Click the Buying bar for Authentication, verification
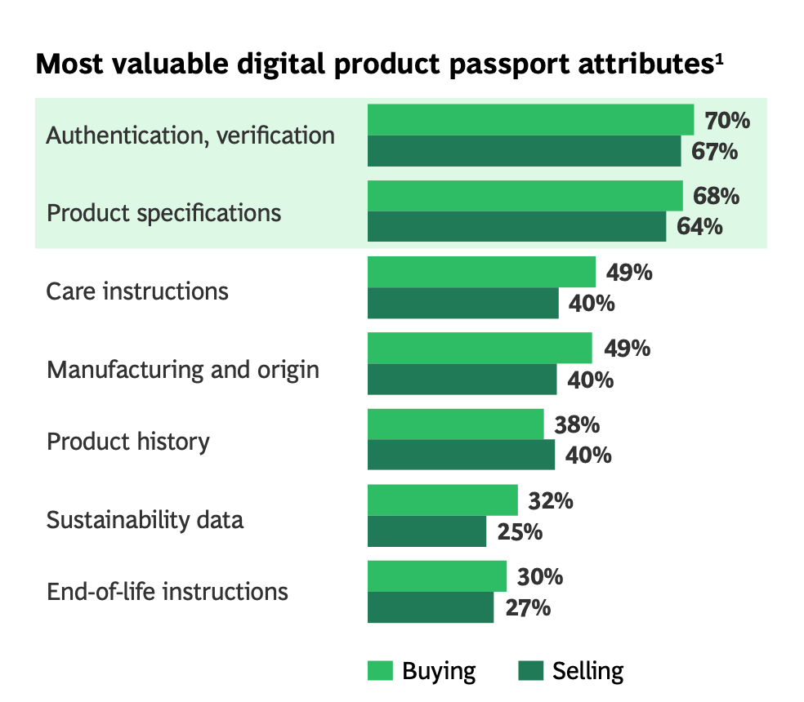pos(530,120)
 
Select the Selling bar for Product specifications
pos(516,226)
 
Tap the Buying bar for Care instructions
pos(481,272)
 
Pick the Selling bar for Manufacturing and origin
pos(462,380)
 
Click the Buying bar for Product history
pos(455,424)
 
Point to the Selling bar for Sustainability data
pos(427,531)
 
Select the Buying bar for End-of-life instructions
pos(436,576)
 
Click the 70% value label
pos(726,121)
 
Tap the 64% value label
pos(699,226)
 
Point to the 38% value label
pos(577,424)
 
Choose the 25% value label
pos(520,531)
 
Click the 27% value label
pos(527,607)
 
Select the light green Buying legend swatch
pos(380,671)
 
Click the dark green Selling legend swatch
pos(530,671)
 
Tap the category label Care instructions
pos(137,291)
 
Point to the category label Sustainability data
pos(145,520)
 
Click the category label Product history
pos(128,442)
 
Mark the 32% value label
pos(550,500)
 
